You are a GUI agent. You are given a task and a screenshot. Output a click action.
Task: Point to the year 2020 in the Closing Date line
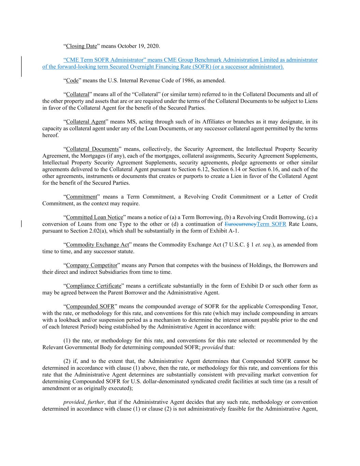[x=154, y=46]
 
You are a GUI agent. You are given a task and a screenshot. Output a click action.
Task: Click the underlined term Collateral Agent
[x=86, y=122]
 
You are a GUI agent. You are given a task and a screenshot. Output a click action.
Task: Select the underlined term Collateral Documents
[x=92, y=149]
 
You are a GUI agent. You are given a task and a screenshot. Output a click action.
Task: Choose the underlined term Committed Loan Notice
[x=95, y=217]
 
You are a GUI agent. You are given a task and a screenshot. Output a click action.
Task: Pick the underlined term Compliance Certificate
[x=93, y=286]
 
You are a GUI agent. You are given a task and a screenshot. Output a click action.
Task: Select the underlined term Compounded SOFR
[x=90, y=306]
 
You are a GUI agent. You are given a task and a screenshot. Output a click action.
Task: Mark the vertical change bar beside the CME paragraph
[x=21, y=67]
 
